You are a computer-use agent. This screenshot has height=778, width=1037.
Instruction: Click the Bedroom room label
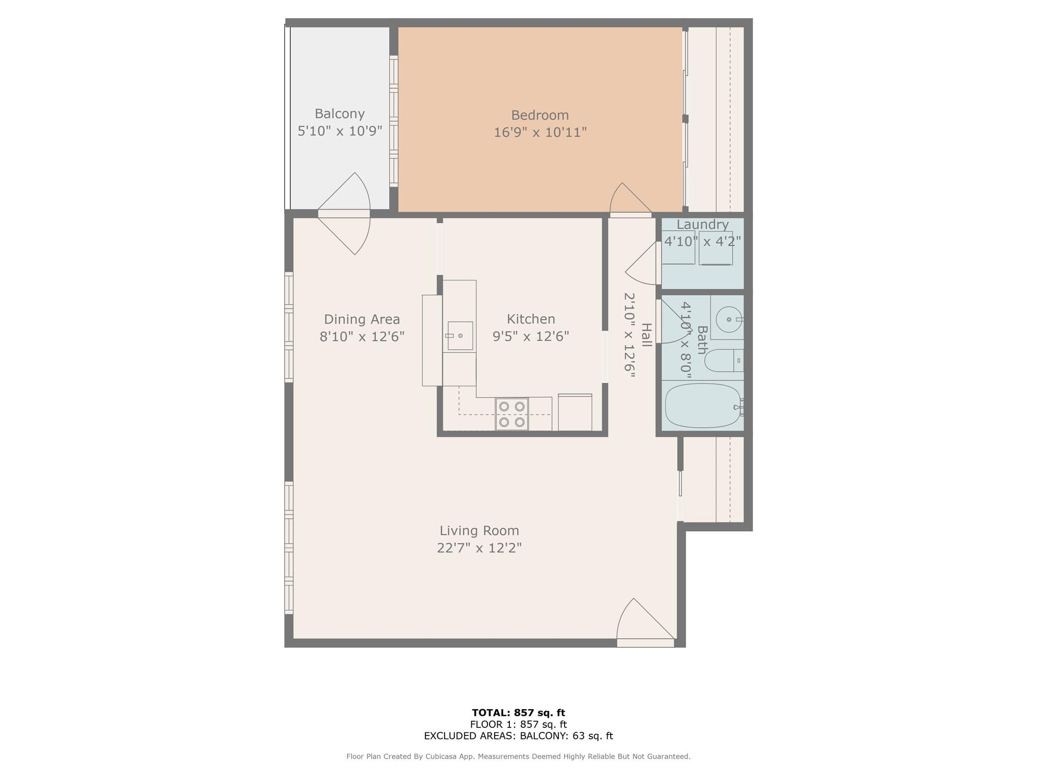click(x=540, y=115)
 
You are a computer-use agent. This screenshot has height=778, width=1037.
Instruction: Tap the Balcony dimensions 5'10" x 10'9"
click(x=340, y=131)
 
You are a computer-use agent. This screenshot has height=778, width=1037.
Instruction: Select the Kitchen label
click(x=531, y=319)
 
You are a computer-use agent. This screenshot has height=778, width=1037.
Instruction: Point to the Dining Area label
click(x=362, y=319)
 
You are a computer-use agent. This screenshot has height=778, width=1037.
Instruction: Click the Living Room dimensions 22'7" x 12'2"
click(x=479, y=548)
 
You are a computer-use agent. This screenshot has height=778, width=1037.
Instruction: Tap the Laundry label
click(x=703, y=224)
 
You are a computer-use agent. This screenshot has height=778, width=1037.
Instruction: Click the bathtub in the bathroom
click(x=704, y=406)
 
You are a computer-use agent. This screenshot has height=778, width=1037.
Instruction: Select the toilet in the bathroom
click(x=724, y=360)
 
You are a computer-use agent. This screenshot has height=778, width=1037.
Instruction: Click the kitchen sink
click(x=460, y=336)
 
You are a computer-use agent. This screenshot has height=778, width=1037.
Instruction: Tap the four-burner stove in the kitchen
click(x=512, y=414)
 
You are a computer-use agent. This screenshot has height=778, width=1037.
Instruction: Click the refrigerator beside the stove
click(x=575, y=412)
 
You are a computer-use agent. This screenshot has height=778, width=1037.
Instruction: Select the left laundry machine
click(x=679, y=248)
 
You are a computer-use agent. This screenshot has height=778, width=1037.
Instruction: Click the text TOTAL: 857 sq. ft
click(x=518, y=713)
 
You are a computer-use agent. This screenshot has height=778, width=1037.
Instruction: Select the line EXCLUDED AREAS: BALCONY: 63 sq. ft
click(x=518, y=736)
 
